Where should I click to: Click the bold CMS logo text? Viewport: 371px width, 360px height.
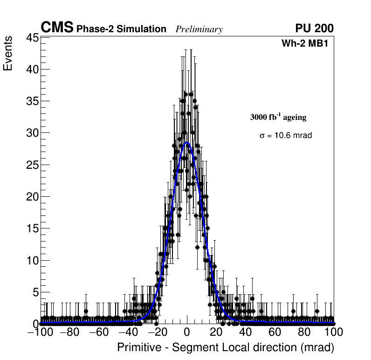coord(57,28)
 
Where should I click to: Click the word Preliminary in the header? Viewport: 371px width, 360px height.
coord(199,29)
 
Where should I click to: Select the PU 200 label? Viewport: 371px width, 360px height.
coord(314,28)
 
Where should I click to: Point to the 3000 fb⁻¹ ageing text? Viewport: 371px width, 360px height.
coord(278,117)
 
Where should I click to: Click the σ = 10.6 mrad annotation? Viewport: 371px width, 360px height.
coord(285,135)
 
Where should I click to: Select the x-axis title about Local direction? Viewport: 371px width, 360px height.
coord(226,347)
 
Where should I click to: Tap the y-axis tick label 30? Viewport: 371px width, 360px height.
coord(32,133)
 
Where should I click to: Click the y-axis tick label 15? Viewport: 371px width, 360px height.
coord(32,228)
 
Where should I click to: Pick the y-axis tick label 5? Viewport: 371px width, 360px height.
coord(34,292)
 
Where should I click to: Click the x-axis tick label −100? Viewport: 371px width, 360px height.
coord(41,332)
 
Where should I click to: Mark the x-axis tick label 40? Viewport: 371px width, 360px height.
coord(246,332)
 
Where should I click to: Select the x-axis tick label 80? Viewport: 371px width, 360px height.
coord(304,332)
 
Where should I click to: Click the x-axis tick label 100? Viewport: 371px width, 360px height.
coord(333,332)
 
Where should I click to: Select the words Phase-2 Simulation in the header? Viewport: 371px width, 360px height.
coord(121,29)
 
